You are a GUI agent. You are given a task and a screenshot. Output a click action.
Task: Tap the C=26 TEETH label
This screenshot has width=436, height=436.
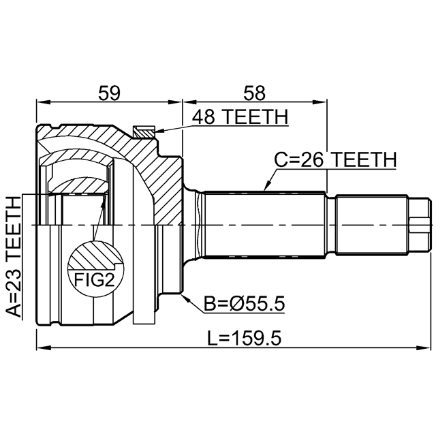click(335, 160)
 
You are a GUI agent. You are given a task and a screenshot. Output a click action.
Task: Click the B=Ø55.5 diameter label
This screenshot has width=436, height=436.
click(244, 304)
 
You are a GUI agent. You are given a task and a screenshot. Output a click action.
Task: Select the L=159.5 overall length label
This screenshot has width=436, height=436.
click(245, 338)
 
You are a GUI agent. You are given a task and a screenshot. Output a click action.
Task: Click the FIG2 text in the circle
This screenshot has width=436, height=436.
click(95, 280)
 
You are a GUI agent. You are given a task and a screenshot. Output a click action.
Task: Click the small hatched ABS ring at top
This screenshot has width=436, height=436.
click(144, 132)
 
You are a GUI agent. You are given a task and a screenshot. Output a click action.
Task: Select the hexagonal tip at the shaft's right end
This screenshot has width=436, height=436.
click(420, 225)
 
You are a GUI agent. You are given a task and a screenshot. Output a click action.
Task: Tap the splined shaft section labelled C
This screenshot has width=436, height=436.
click(264, 225)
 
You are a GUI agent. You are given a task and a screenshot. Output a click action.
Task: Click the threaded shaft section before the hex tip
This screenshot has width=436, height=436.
click(372, 225)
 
